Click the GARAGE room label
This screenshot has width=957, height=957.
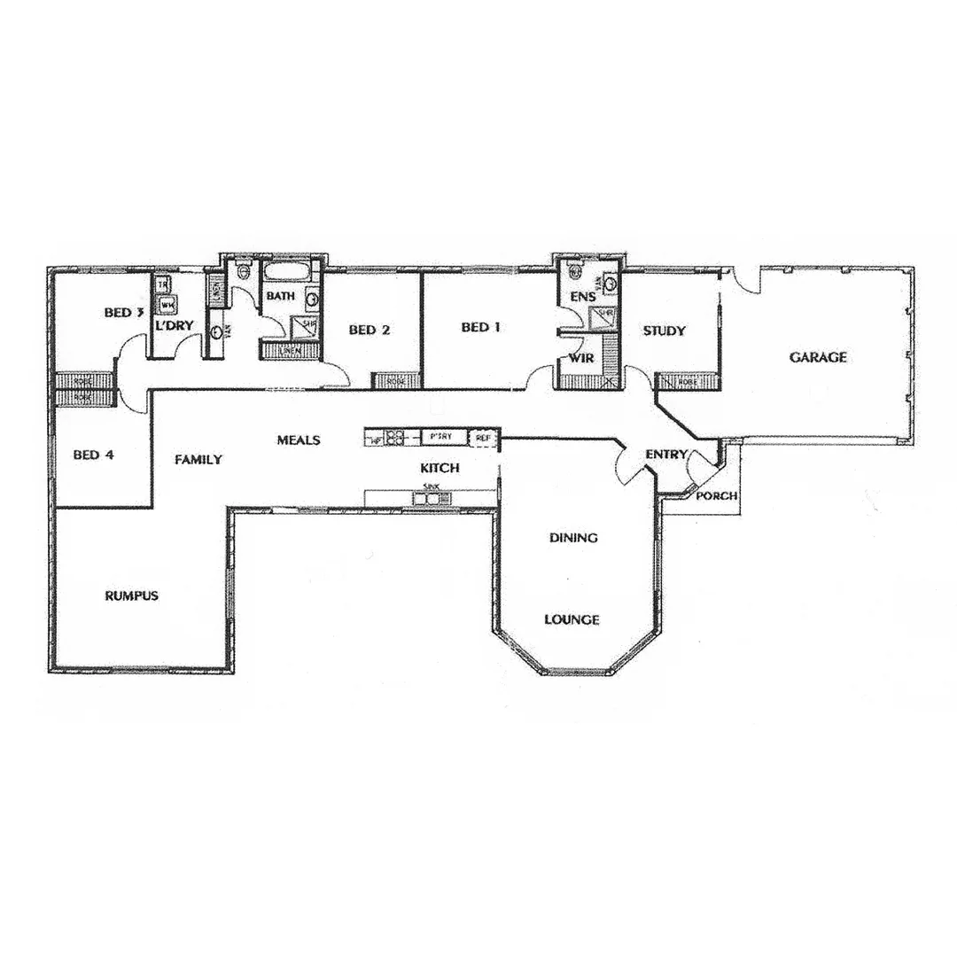pos(818,358)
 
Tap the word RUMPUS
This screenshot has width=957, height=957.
pos(131,595)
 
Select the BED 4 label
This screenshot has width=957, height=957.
pos(94,455)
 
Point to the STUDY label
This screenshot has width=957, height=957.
pos(664,331)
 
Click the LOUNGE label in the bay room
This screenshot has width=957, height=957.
pos(572,619)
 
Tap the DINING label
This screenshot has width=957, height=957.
pos(573,538)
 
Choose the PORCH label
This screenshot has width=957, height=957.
pos(716,496)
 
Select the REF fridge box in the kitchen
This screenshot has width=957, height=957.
pos(482,437)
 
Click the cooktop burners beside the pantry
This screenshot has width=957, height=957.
pos(395,437)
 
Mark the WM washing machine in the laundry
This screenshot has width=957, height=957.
pos(166,306)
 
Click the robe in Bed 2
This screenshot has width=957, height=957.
pos(390,382)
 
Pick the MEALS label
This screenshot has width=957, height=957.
pos(298,440)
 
